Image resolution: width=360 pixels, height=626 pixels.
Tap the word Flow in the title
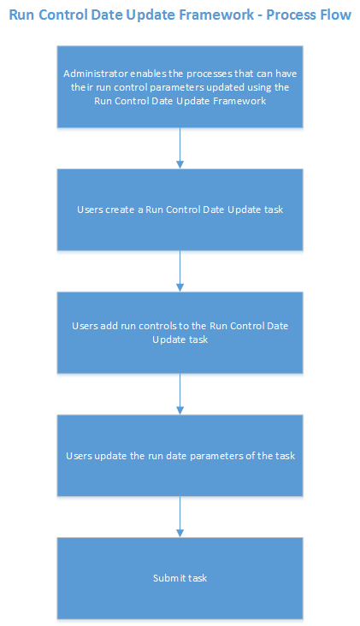pyautogui.click(x=337, y=15)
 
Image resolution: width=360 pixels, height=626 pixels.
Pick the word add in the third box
pyautogui.click(x=111, y=326)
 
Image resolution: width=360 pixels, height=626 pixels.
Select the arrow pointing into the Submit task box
pyautogui.click(x=180, y=517)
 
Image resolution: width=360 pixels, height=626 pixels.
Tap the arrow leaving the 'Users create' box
pyautogui.click(x=180, y=270)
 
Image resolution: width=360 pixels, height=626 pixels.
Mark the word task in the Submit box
pyautogui.click(x=196, y=578)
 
